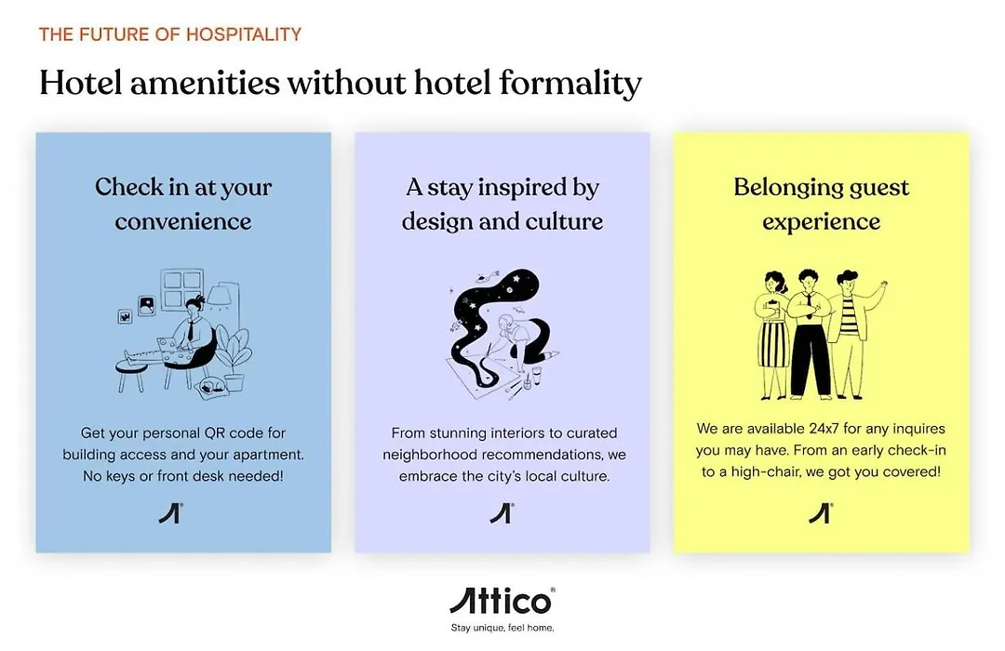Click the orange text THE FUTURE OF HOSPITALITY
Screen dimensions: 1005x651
coord(170,34)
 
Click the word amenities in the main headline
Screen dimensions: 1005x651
coord(205,84)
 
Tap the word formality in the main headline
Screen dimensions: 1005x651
coord(570,84)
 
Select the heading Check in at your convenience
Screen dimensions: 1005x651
coord(183,204)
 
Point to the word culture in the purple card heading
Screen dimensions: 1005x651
coord(564,221)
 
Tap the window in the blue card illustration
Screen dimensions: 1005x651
coord(181,289)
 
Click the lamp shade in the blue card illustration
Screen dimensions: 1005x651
coord(220,295)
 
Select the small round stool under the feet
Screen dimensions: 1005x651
coord(131,374)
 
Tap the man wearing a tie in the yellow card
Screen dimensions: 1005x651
coord(809,333)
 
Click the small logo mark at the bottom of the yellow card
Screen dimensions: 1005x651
coord(820,513)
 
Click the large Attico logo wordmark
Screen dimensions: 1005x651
coord(502,602)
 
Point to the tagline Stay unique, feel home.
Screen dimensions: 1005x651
coord(502,628)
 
